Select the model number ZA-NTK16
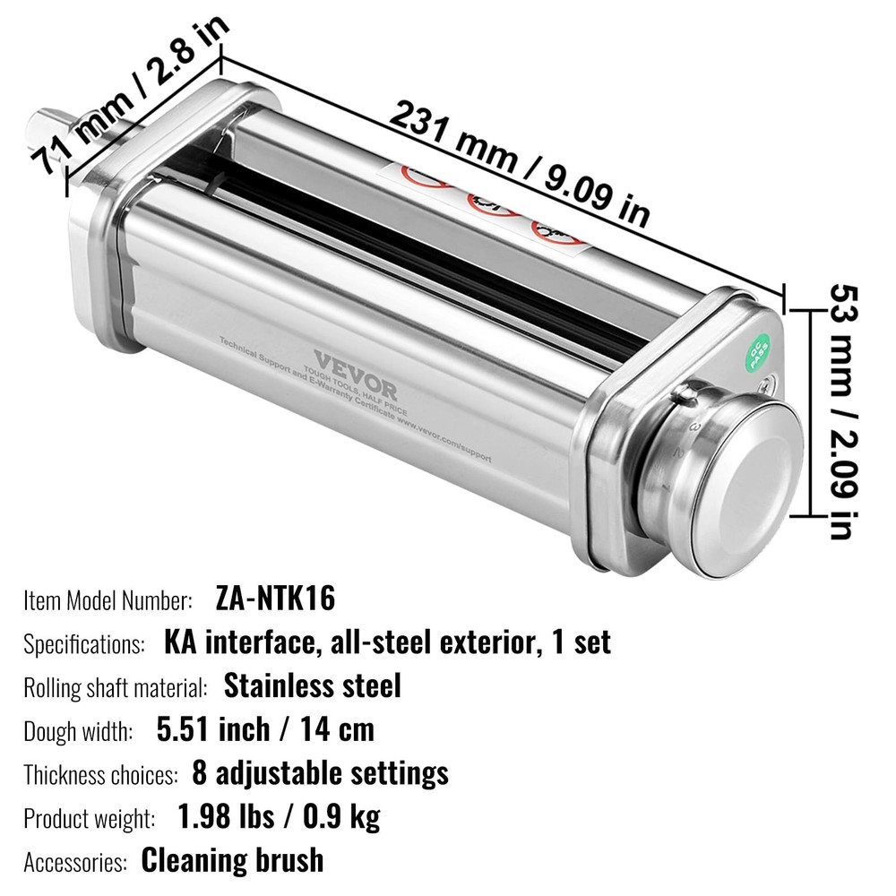(276, 599)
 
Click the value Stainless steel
(313, 685)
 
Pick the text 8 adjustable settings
(320, 772)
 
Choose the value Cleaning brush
(232, 859)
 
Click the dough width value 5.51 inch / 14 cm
(265, 728)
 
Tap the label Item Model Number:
(108, 599)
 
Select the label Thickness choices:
(101, 774)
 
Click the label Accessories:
(75, 861)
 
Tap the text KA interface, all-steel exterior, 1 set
(387, 642)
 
